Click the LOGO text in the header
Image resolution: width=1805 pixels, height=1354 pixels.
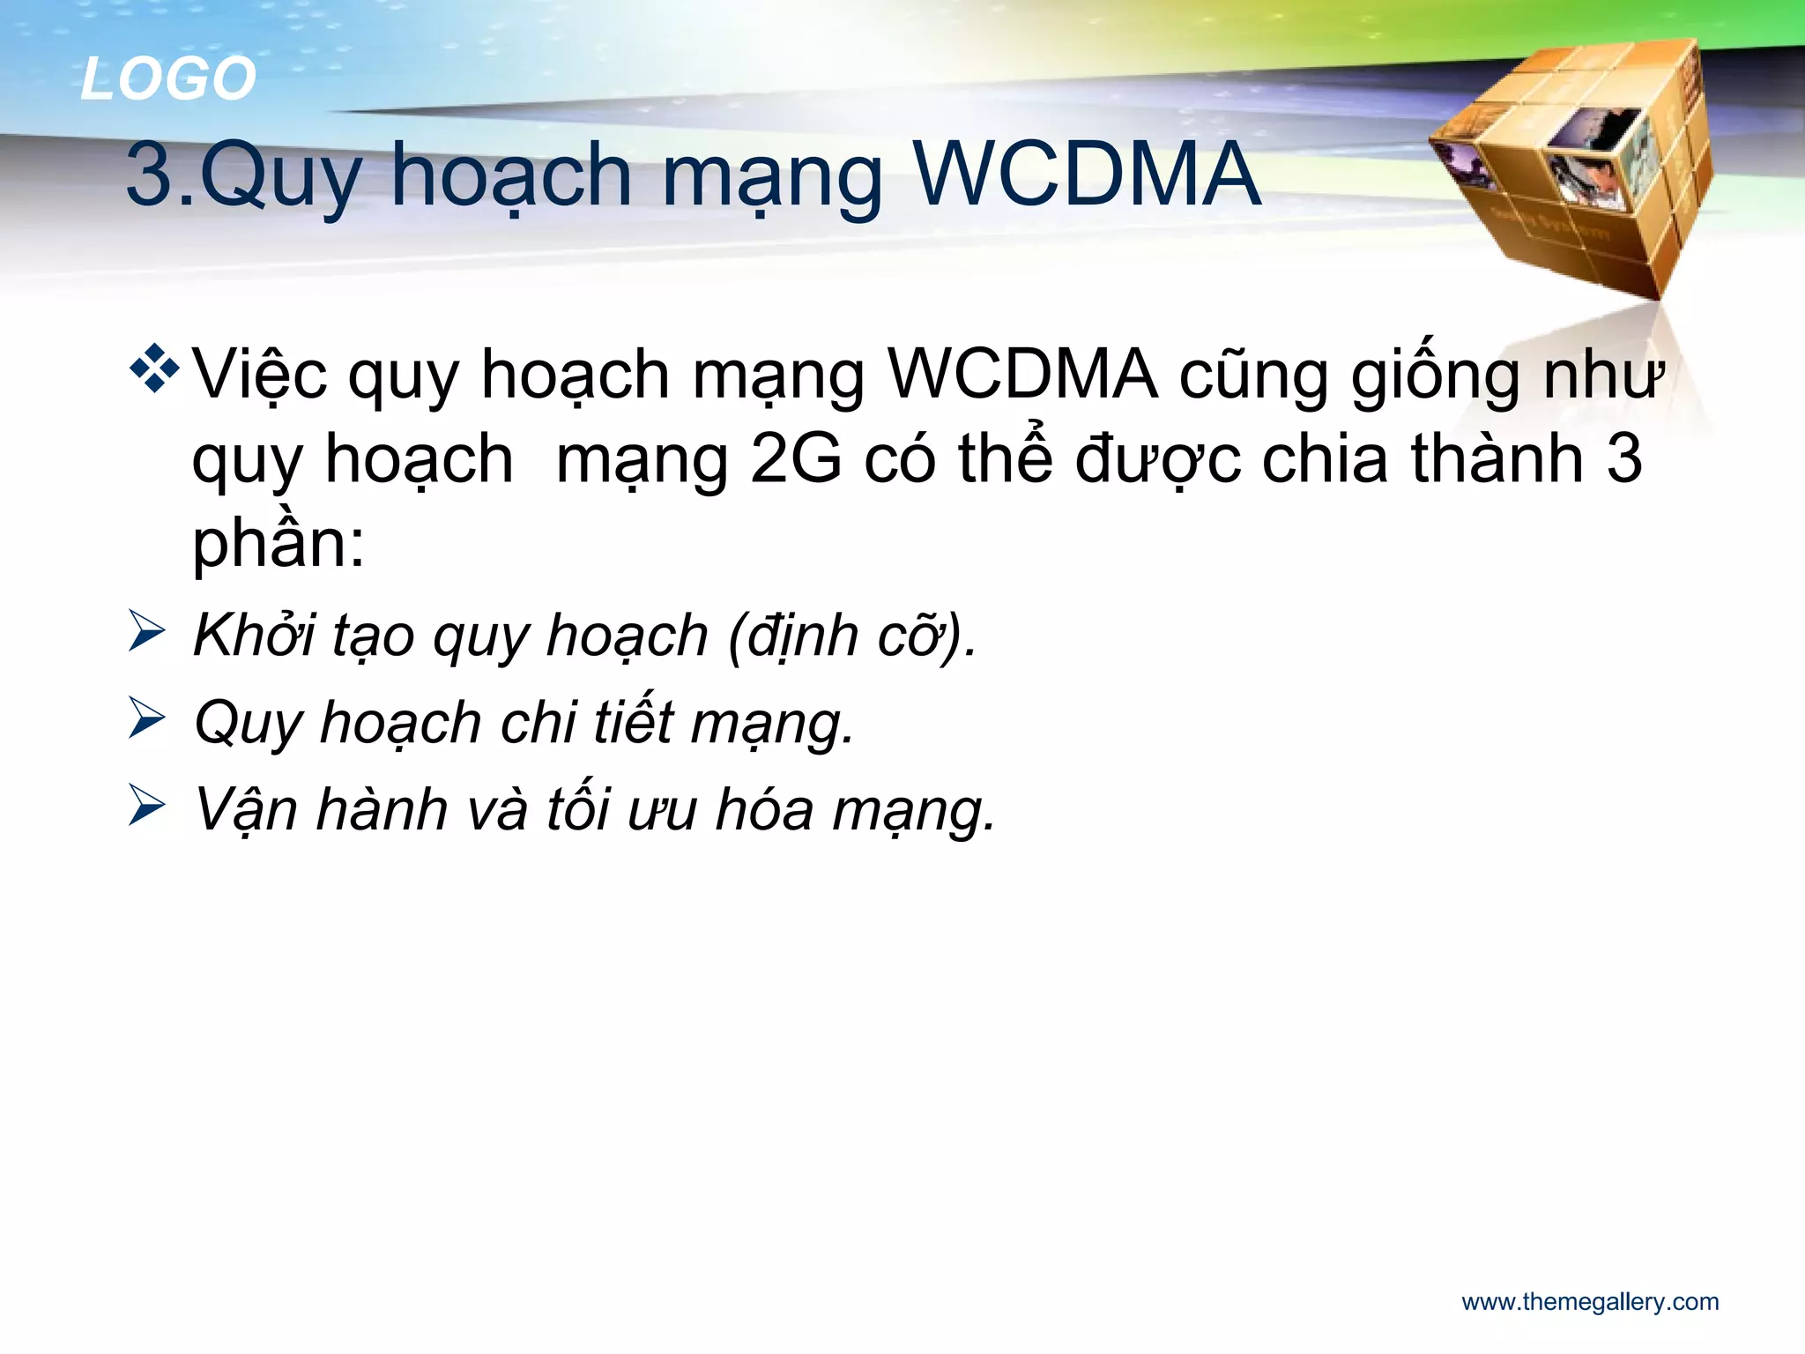pyautogui.click(x=168, y=78)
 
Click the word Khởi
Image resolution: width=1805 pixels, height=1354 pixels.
pyautogui.click(x=254, y=635)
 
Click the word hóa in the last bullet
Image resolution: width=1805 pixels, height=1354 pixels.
pyautogui.click(x=764, y=809)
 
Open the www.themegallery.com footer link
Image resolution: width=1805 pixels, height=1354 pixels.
pyautogui.click(x=1590, y=1302)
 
